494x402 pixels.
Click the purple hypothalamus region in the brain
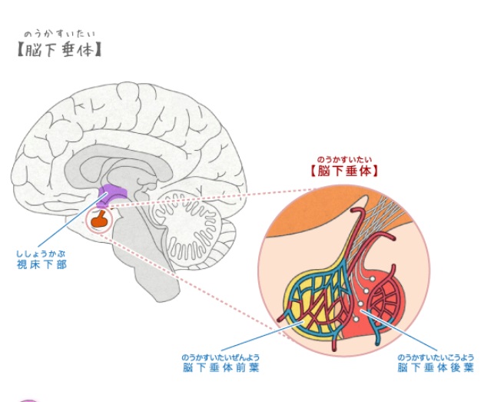(114, 196)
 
